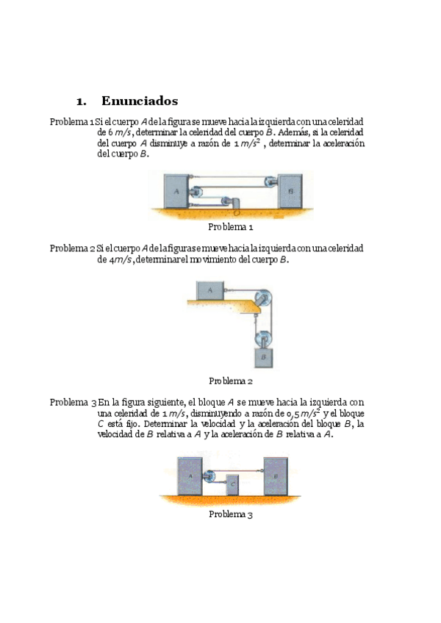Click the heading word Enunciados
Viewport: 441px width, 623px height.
pos(140,101)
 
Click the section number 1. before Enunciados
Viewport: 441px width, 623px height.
pos(82,101)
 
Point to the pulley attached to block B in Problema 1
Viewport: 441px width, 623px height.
pos(270,183)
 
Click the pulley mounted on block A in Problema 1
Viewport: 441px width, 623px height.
pos(196,192)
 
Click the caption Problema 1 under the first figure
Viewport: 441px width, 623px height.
pos(230,227)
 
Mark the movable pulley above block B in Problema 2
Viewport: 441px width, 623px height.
pos(262,339)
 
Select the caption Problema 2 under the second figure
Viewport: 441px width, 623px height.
pos(230,381)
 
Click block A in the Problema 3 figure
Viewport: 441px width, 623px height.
pos(190,476)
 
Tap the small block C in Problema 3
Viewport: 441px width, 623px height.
pos(233,485)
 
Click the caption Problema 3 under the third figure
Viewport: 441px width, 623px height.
pos(230,514)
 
